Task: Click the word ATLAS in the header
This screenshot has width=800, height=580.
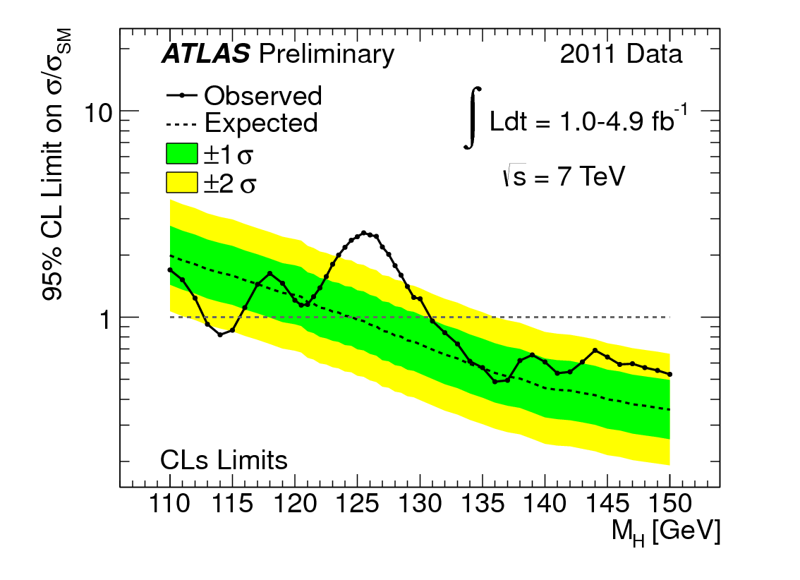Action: [205, 54]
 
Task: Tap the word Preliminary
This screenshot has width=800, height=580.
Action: [327, 54]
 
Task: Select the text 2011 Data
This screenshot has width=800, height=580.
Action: [622, 54]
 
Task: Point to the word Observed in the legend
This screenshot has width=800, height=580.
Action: [263, 95]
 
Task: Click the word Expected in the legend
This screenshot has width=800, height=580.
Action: [261, 123]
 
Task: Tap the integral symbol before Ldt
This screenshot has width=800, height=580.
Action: [473, 117]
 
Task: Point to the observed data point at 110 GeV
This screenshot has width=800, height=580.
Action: [170, 270]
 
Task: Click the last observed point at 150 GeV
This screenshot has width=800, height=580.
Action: [670, 374]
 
